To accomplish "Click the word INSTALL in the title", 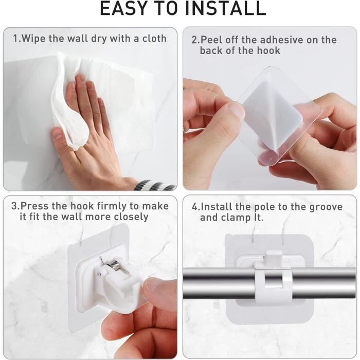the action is tap(225, 8).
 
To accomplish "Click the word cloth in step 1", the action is tap(154, 39).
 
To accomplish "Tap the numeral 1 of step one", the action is tap(15, 39).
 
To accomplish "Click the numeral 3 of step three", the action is tap(14, 206).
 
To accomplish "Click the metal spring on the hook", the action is tap(114, 264).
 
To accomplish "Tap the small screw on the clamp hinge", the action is tap(99, 274).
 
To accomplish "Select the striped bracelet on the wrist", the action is tap(154, 186).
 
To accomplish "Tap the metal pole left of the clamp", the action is tap(219, 283).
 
